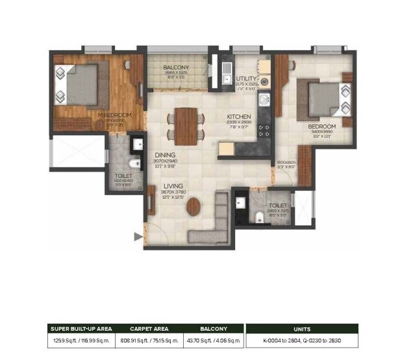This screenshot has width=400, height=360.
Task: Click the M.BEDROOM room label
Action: pyautogui.click(x=114, y=115)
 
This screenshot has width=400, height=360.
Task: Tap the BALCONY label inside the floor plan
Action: pyautogui.click(x=176, y=68)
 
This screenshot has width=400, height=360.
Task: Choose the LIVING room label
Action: pyautogui.click(x=173, y=185)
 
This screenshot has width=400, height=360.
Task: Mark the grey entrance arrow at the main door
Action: pyautogui.click(x=137, y=237)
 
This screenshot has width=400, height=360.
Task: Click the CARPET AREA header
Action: pyautogui.click(x=149, y=329)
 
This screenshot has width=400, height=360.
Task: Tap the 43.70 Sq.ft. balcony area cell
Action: pyautogui.click(x=214, y=341)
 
